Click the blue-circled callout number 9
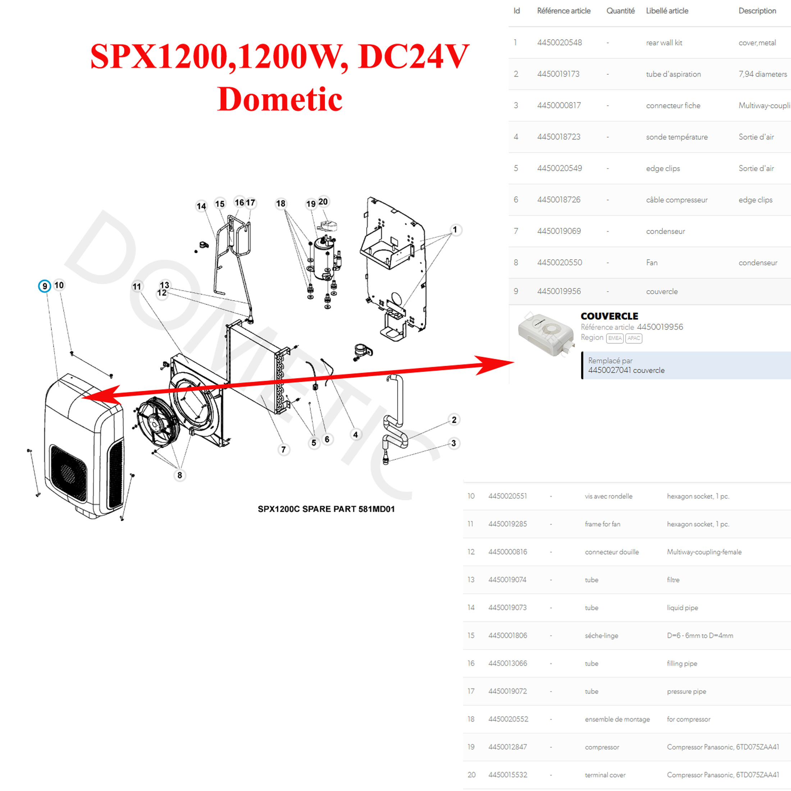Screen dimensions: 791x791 click(45, 286)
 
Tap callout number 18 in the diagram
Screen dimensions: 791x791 click(280, 204)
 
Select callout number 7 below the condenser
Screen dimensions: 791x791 click(283, 449)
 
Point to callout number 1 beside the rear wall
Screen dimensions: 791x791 click(455, 230)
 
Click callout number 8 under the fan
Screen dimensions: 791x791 click(179, 475)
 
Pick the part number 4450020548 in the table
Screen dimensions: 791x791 click(559, 42)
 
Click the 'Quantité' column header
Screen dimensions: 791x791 click(620, 11)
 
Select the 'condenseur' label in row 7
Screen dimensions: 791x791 click(665, 231)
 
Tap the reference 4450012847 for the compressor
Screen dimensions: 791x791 click(507, 747)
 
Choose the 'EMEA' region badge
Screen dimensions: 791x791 click(614, 338)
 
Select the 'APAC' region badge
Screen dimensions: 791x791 click(634, 338)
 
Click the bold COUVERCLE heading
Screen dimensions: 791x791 click(609, 316)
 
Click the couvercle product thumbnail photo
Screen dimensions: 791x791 click(546, 334)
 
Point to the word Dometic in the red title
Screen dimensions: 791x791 click(280, 99)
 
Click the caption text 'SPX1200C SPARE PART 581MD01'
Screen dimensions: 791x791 click(326, 509)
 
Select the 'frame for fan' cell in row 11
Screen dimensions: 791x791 click(602, 524)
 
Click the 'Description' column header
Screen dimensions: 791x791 click(757, 11)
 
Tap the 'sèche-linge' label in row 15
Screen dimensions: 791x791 click(602, 635)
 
